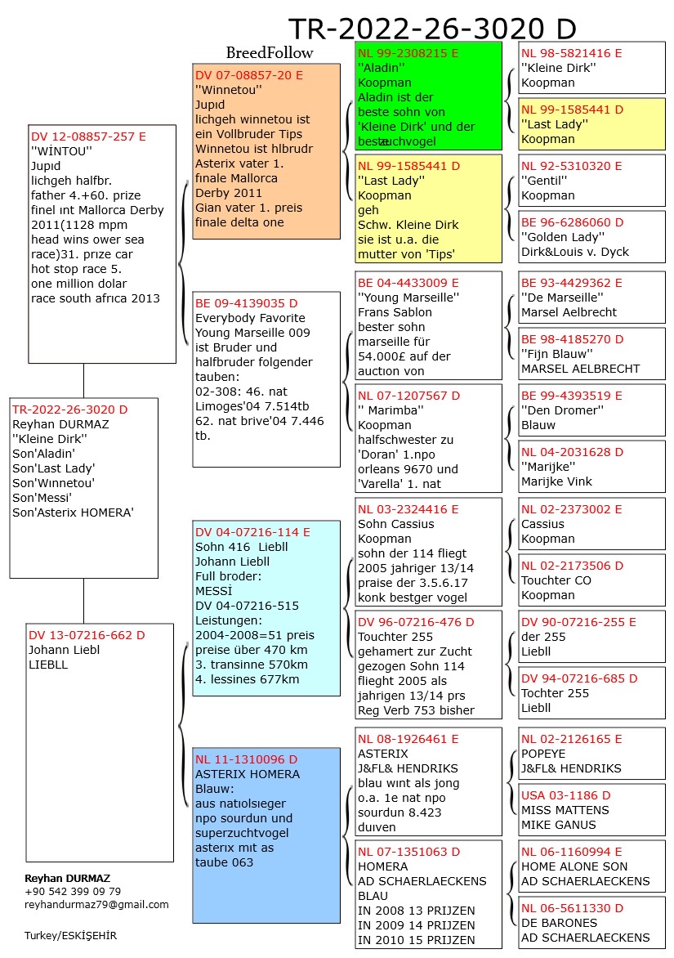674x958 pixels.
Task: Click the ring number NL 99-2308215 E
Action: [408, 52]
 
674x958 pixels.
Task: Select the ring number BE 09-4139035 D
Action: [247, 302]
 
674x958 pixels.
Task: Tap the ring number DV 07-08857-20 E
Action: [249, 74]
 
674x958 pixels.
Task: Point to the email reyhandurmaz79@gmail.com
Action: [97, 904]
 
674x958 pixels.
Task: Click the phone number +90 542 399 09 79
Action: [73, 891]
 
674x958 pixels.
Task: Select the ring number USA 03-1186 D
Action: [565, 795]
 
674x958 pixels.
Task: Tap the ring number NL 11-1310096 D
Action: [247, 759]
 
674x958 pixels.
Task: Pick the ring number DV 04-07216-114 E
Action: [252, 532]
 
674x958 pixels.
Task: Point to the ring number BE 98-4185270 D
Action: [573, 339]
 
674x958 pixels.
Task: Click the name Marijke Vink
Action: [556, 481]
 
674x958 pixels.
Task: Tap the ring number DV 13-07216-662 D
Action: [87, 635]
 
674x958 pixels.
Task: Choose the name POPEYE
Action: [546, 754]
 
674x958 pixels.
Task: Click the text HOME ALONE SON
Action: [574, 866]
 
